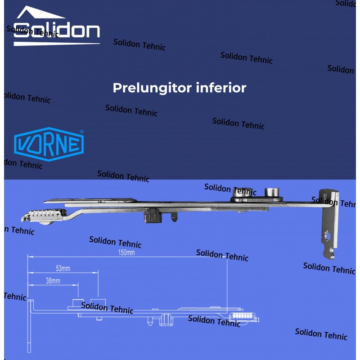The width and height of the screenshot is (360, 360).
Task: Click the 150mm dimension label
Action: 126,252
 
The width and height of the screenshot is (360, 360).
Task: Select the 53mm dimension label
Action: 63,269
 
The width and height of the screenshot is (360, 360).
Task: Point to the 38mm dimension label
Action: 53,281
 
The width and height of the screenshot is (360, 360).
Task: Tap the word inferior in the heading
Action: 221,87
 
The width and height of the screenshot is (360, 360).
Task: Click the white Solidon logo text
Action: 57,31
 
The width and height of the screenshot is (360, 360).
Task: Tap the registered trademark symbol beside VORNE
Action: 81,132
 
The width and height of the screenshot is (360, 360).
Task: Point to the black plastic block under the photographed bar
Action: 152,216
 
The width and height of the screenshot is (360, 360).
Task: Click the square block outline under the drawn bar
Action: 165,319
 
